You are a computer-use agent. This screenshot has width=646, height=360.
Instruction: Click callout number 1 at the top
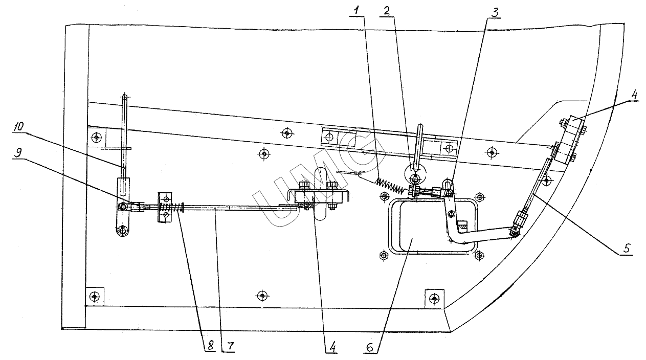pyautogui.click(x=357, y=11)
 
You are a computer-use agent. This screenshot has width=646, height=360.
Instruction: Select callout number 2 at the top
pyautogui.click(x=387, y=11)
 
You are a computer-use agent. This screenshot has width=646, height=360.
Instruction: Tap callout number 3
pyautogui.click(x=494, y=13)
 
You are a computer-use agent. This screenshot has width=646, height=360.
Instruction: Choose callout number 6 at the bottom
pyautogui.click(x=369, y=348)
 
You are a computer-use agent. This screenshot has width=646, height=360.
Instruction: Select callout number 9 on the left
pyautogui.click(x=18, y=152)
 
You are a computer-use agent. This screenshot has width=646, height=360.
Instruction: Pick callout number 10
pyautogui.click(x=19, y=127)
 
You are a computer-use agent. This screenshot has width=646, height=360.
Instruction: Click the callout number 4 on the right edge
pyautogui.click(x=634, y=95)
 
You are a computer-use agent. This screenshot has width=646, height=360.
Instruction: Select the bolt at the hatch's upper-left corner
pyautogui.click(x=384, y=197)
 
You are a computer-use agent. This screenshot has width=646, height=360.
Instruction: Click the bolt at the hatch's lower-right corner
pyautogui.click(x=479, y=255)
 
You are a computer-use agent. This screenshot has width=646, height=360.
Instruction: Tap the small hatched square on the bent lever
pyautogui.click(x=462, y=226)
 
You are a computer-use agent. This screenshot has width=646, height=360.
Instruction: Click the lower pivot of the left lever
pyautogui.click(x=123, y=230)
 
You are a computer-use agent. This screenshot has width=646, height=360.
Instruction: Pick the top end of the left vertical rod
pyautogui.click(x=124, y=97)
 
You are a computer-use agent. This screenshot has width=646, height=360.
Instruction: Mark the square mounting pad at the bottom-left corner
pyautogui.click(x=95, y=296)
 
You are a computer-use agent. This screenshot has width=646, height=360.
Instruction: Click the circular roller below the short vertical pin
pyautogui.click(x=415, y=175)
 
